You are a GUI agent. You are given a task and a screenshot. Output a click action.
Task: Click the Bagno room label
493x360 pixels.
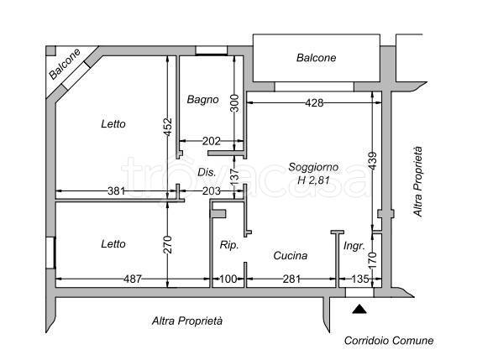point(202,100)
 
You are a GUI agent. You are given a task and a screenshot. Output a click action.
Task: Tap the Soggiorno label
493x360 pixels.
point(313,167)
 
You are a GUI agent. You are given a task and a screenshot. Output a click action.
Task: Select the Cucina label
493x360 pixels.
point(291,256)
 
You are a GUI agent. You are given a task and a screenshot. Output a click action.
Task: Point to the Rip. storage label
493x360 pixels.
point(229,245)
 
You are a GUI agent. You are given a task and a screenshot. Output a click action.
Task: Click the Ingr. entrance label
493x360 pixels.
point(354,246)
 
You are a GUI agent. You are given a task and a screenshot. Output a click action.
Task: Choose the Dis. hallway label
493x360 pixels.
point(207,172)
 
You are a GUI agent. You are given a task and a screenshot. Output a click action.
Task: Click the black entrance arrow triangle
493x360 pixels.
point(359,309)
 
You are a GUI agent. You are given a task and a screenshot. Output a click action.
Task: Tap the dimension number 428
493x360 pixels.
point(314,102)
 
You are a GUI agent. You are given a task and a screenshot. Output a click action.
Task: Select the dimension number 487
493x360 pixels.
point(133,279)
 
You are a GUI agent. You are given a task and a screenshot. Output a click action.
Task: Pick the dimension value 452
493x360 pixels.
point(168,127)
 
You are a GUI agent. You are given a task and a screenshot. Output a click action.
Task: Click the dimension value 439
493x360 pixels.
point(372,161)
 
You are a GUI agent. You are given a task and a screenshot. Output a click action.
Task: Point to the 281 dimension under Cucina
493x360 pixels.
point(291,279)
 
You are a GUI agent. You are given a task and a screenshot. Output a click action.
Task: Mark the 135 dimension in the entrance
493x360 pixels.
point(360,279)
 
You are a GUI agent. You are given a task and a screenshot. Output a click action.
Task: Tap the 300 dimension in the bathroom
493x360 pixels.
point(234,103)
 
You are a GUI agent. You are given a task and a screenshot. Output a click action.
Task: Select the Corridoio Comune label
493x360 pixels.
point(389,341)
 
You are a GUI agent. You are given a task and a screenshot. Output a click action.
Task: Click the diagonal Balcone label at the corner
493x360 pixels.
point(65,64)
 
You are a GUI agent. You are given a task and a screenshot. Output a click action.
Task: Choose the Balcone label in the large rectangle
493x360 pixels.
point(317,58)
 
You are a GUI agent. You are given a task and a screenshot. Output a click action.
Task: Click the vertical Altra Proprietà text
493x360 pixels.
point(417,181)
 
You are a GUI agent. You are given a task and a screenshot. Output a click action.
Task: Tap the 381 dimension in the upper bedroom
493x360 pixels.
point(117,190)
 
